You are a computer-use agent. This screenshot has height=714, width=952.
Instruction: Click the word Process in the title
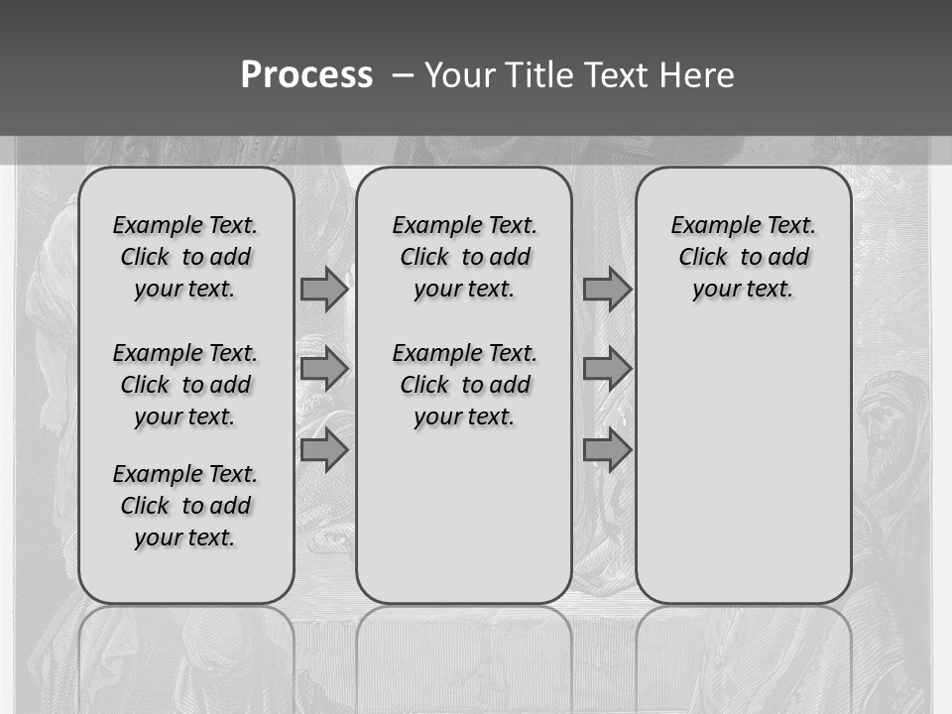(x=306, y=74)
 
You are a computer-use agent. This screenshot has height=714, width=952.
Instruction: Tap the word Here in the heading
(x=697, y=75)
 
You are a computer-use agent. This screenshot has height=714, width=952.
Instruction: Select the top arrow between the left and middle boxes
(x=324, y=290)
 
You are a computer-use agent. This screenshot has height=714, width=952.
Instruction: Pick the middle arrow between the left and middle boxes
(x=324, y=370)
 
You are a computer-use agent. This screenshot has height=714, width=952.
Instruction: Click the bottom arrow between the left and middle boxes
(x=324, y=450)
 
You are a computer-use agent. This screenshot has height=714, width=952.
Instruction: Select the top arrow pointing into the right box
(x=607, y=290)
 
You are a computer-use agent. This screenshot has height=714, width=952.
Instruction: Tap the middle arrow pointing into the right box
(x=607, y=370)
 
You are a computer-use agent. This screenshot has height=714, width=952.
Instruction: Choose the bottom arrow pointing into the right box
(x=607, y=450)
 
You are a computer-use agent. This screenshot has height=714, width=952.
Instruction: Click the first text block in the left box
(x=185, y=257)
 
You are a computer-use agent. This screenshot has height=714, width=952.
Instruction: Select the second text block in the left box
(x=185, y=385)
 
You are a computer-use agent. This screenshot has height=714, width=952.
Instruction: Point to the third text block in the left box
(x=185, y=506)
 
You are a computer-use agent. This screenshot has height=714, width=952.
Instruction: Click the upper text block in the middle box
(x=464, y=257)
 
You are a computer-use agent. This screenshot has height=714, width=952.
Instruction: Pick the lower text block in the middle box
(x=464, y=385)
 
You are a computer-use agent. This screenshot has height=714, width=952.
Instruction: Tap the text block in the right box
(x=743, y=257)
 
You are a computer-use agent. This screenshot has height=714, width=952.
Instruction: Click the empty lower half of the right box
(x=743, y=476)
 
